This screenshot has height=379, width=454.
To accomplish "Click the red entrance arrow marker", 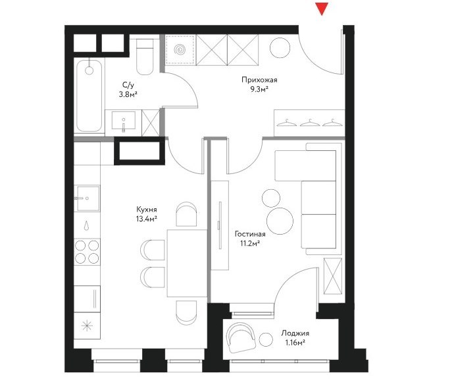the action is (322, 9).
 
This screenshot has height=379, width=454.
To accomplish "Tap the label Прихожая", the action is (259, 80).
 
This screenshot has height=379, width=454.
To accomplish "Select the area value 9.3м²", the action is (259, 90).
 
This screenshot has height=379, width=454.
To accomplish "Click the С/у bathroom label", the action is (128, 85).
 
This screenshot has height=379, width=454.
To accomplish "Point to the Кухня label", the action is (147, 210).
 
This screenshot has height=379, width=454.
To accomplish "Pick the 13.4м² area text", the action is (147, 219).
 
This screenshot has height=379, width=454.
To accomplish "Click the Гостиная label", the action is (250, 234).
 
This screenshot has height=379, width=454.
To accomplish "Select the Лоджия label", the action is (295, 334).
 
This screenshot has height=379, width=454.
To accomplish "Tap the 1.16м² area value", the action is (295, 343).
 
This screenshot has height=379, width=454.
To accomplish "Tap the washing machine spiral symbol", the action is (180, 50).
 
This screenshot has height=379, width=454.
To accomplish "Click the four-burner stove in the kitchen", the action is (87, 252).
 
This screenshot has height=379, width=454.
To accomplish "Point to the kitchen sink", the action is (88, 198).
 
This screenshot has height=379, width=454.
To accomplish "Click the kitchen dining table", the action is (188, 263).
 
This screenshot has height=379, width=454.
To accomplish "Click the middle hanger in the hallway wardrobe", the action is (310, 123).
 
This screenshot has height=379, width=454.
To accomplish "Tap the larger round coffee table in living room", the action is (280, 221).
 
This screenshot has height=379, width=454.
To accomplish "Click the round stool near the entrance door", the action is (280, 47).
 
